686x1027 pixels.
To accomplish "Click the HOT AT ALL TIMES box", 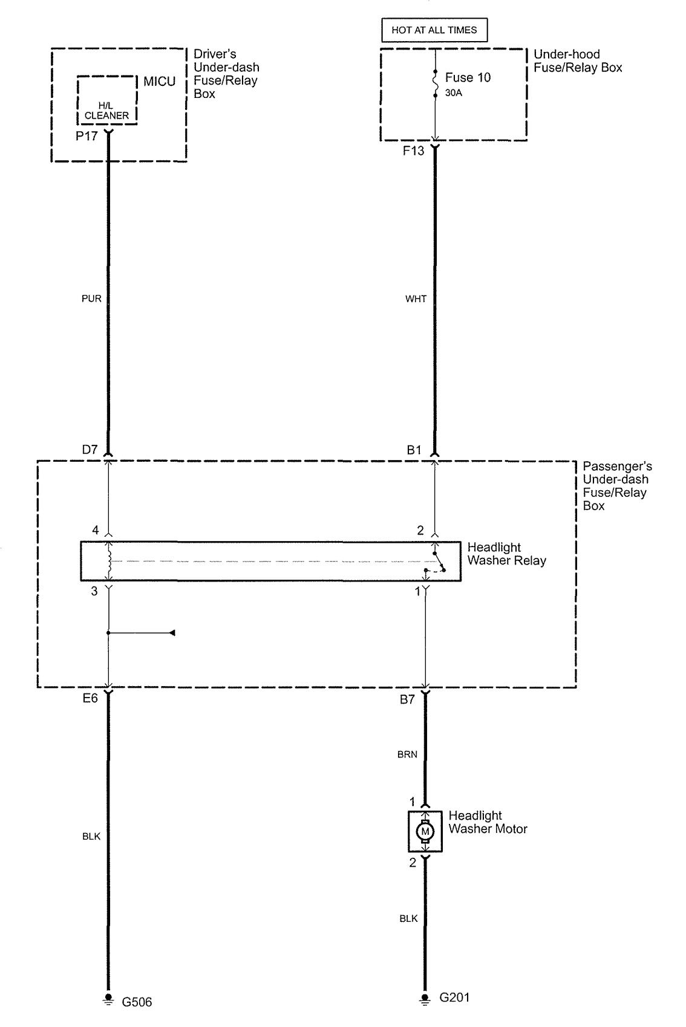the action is [434, 30].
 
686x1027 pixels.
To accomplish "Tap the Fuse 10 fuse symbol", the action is [435, 84].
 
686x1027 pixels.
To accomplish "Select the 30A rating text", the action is [453, 92].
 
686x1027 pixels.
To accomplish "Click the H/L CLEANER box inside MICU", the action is [107, 100].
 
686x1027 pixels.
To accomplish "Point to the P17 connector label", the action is [87, 136].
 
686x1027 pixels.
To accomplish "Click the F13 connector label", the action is [413, 151].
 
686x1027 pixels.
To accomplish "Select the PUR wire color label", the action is [91, 299].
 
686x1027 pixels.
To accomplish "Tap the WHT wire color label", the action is [416, 299].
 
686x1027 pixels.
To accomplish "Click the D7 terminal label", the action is [90, 449].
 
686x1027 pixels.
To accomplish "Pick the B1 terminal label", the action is [414, 450].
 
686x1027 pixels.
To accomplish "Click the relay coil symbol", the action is [109, 561].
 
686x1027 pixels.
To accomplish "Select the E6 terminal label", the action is [90, 698].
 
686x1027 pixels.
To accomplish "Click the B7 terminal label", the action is [408, 699].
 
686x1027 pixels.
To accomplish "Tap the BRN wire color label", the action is [408, 754].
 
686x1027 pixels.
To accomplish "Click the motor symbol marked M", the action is [425, 831].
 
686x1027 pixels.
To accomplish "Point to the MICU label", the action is [159, 82].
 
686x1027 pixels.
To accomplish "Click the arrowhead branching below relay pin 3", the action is [172, 633].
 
